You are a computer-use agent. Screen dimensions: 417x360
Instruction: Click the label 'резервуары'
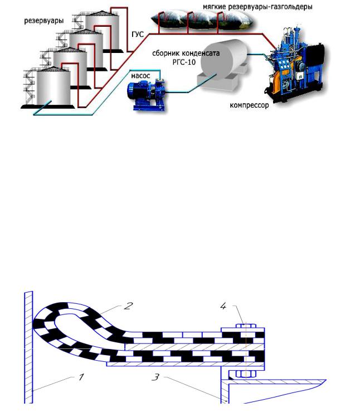43,21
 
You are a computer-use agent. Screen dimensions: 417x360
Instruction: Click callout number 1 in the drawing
81,377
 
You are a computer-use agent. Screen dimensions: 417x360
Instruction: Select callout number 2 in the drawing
129,305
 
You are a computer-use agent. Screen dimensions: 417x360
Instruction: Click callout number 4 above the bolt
223,305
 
